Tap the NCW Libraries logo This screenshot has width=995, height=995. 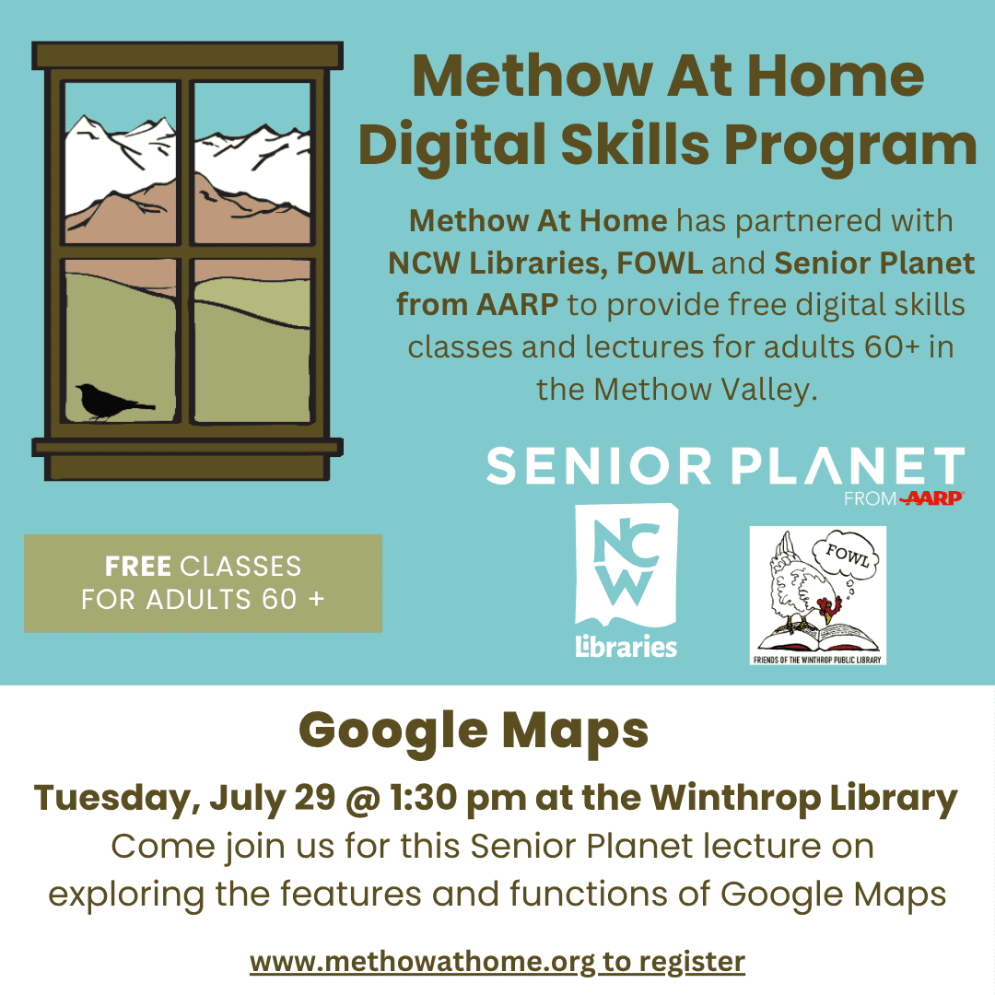pyautogui.click(x=626, y=580)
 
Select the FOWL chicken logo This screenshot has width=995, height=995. pyautogui.click(x=817, y=595)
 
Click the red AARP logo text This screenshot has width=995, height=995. pyautogui.click(x=931, y=498)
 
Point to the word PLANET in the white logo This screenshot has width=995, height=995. pyautogui.click(x=848, y=466)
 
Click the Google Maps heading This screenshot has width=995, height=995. pyautogui.click(x=474, y=731)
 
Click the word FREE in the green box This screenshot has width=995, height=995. pyautogui.click(x=137, y=566)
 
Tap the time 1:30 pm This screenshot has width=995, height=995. pyautogui.click(x=458, y=798)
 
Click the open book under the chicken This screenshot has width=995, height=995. pyautogui.click(x=819, y=638)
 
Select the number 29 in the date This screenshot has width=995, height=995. pyautogui.click(x=315, y=798)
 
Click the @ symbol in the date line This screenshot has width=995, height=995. pyautogui.click(x=363, y=799)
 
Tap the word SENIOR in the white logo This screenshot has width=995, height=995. pyautogui.click(x=599, y=466)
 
